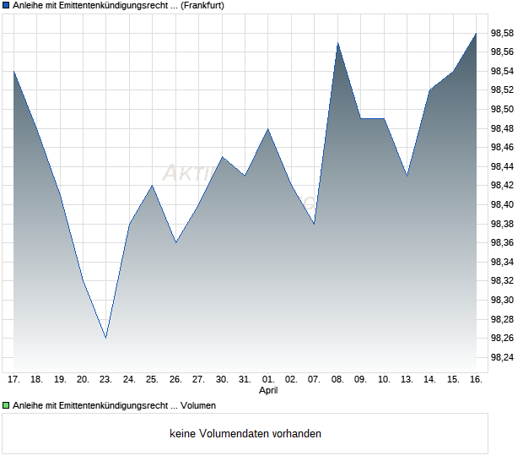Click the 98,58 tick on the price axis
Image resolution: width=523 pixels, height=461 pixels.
pos(503,33)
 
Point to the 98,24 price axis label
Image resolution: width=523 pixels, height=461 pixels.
pos(503,357)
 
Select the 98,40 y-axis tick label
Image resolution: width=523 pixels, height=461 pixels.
pos(503,204)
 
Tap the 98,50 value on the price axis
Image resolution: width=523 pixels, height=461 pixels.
pos(503,109)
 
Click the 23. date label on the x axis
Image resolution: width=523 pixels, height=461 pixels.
pos(105,379)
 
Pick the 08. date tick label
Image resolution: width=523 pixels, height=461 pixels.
pos(337,379)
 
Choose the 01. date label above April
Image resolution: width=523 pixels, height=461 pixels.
pos(268,379)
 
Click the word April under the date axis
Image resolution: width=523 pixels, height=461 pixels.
pos(268,391)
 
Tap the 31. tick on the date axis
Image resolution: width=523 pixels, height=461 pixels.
pos(245,379)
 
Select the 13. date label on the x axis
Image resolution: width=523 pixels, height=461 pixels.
pos(407,379)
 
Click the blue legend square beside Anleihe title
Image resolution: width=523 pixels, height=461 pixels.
pos(6,6)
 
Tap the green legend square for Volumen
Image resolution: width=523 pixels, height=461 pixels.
pos(6,406)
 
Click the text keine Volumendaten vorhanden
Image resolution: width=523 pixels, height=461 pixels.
pos(245,434)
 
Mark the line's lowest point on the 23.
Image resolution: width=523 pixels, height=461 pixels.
pos(106,338)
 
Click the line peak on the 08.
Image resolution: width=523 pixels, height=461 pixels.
pos(337,42)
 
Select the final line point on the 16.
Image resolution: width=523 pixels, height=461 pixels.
pos(477,33)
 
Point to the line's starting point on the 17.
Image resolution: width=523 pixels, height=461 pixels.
pos(13,71)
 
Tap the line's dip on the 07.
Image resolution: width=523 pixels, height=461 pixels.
pos(314,224)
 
